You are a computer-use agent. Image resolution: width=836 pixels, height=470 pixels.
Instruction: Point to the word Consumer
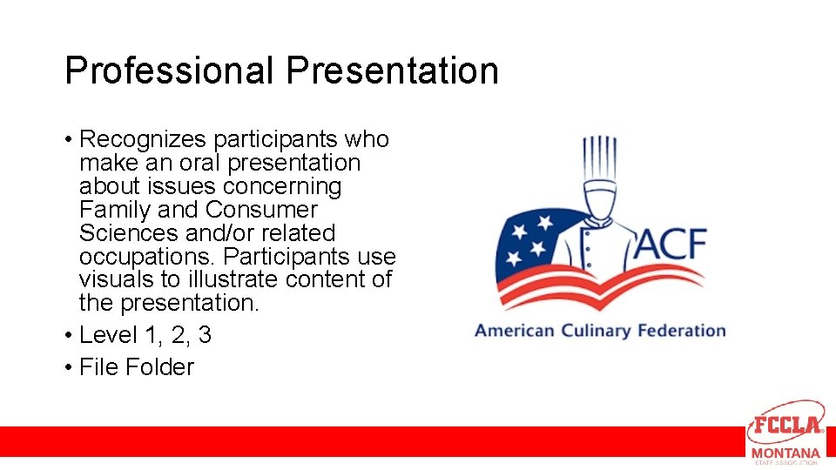coord(261,210)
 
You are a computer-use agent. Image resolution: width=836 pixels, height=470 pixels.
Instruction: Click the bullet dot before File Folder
coord(68,367)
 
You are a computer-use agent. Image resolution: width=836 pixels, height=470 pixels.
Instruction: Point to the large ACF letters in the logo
coord(670,245)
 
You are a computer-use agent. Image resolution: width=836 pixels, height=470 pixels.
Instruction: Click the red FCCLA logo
coord(785,425)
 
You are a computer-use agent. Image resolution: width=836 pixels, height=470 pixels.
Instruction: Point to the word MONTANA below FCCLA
coord(785,453)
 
